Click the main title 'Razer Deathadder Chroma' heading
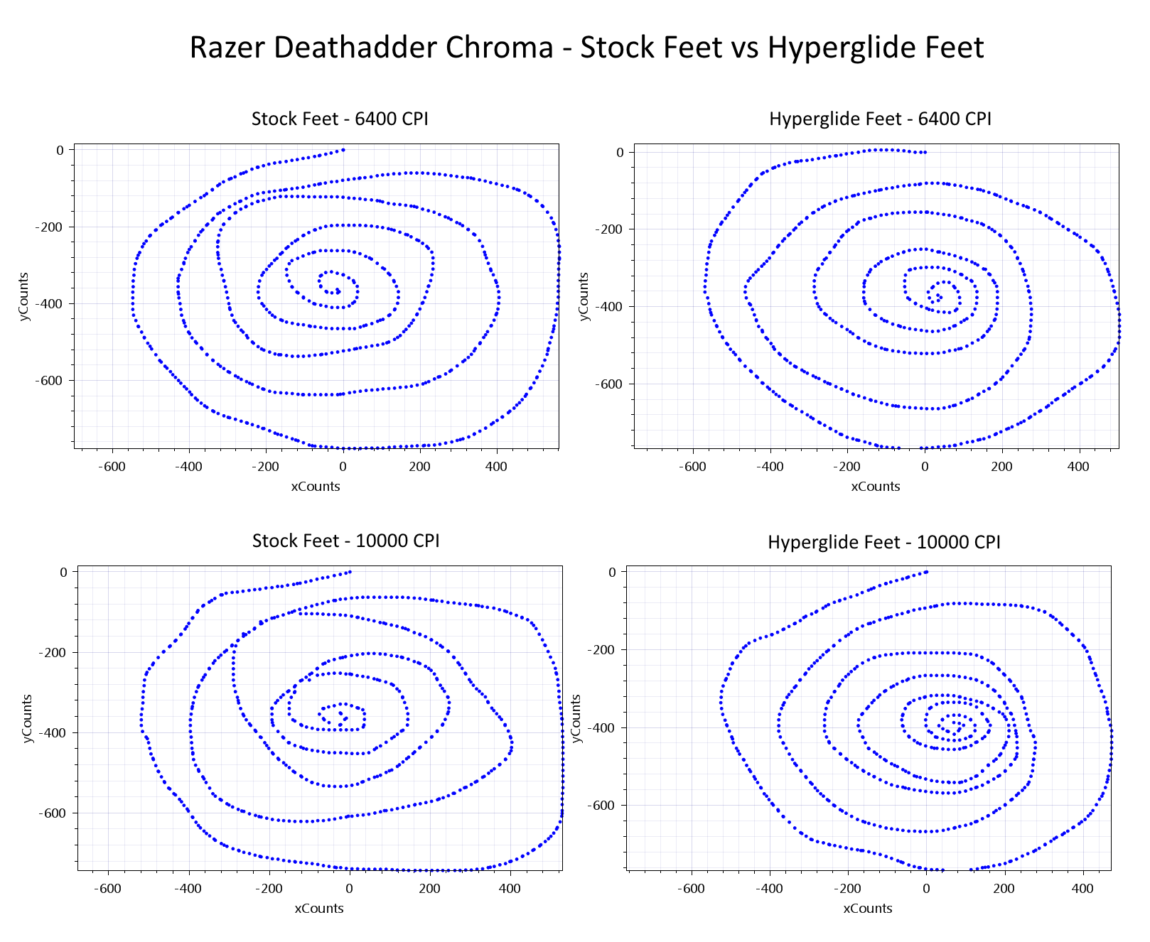372,48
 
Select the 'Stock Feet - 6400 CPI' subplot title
340,119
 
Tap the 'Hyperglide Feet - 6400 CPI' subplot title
880,119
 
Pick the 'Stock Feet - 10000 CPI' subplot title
345,541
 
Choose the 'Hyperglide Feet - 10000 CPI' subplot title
883,543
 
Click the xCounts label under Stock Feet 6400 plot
316,487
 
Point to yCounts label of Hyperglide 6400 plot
584,296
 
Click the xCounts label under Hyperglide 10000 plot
868,909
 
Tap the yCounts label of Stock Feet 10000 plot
28,719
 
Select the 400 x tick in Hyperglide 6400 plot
1079,467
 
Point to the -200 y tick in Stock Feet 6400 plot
50,227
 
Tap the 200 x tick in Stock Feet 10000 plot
429,889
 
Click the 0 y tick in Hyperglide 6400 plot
620,153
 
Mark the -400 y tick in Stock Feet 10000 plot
53,733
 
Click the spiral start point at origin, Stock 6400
343,150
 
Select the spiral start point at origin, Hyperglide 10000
926,572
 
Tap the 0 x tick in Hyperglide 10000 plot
926,889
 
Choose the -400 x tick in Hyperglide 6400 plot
770,467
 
